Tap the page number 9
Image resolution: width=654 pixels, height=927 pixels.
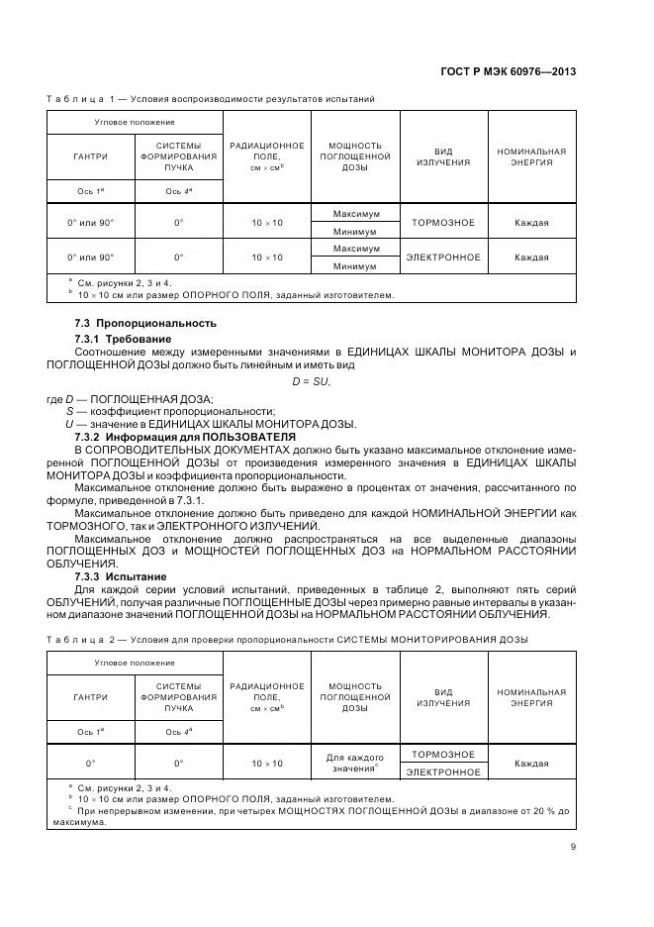point(573,846)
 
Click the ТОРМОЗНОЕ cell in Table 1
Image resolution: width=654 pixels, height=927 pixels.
point(443,223)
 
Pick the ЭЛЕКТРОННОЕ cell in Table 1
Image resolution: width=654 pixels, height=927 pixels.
point(443,257)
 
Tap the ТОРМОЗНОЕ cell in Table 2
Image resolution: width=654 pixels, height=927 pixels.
point(443,755)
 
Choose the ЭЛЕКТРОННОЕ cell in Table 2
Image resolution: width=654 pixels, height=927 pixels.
point(443,772)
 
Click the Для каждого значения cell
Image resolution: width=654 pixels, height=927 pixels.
point(354,763)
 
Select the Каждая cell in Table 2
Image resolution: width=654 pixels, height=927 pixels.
point(531,764)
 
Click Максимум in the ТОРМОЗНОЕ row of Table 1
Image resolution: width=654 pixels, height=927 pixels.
point(355,214)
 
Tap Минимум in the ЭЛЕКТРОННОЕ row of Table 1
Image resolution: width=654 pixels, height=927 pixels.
point(355,266)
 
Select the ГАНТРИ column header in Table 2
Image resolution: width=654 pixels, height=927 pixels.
point(90,697)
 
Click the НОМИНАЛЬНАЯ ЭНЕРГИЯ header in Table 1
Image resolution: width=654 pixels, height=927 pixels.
point(531,156)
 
